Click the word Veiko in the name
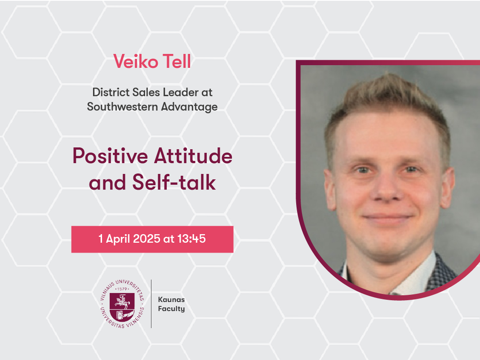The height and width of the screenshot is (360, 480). [136, 61]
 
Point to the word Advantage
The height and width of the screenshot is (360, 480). [190, 107]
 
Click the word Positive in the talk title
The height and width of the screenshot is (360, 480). [110, 156]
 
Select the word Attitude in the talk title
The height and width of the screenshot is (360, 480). [193, 156]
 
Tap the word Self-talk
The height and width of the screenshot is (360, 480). [174, 182]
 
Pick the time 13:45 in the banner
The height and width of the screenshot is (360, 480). [191, 239]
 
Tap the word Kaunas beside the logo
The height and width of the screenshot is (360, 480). [171, 300]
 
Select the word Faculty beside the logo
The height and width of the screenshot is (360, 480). [171, 309]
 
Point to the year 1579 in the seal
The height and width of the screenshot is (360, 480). [122, 289]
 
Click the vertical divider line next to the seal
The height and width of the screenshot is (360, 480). [151, 304]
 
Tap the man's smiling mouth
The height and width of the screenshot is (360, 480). [388, 218]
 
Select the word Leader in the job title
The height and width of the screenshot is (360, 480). [181, 92]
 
